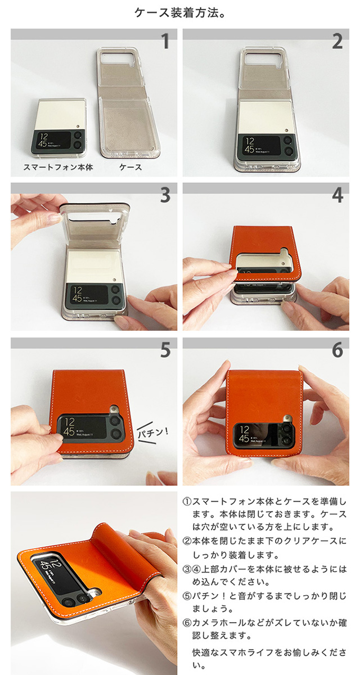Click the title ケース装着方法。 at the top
(180, 13)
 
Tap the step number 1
(165, 41)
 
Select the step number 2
(337, 41)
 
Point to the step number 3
(165, 195)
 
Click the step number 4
(337, 195)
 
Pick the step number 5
(165, 350)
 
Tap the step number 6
(337, 350)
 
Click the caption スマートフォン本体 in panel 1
(58, 167)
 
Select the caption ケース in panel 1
(130, 167)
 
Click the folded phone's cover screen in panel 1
(53, 141)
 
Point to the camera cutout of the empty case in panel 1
(117, 58)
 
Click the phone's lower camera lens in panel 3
(115, 300)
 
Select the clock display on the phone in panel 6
(244, 434)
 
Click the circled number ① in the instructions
(187, 502)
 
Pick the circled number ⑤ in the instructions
(187, 596)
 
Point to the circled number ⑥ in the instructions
(187, 622)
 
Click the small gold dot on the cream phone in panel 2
(286, 130)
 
